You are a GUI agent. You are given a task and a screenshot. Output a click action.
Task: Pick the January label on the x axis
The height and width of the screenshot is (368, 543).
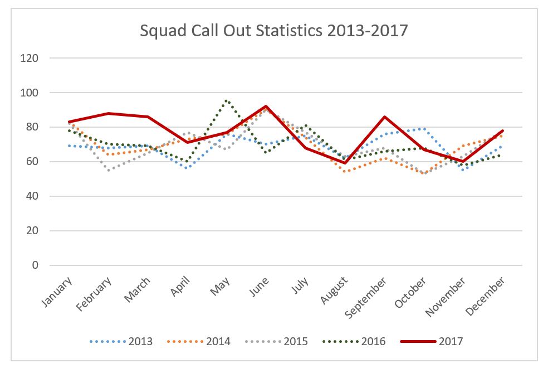click(x=58, y=292)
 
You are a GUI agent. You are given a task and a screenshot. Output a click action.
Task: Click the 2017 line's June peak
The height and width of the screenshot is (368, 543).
click(x=266, y=106)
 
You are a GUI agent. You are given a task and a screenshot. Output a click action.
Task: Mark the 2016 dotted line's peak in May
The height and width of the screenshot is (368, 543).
click(x=226, y=101)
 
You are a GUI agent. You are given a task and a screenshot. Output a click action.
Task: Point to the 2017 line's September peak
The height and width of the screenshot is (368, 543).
click(x=385, y=117)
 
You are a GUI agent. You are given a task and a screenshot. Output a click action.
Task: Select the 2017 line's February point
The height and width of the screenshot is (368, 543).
click(x=109, y=113)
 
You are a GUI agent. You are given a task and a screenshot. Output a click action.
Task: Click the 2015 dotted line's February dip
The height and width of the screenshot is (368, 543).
click(x=109, y=170)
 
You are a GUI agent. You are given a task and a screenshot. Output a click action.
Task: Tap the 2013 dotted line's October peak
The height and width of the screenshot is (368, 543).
click(x=424, y=129)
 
